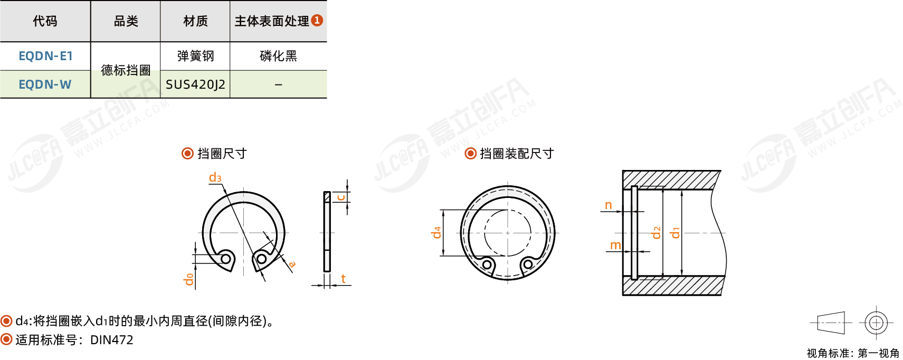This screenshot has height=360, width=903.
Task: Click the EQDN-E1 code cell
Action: click(x=45, y=56)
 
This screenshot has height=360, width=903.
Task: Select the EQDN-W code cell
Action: click(x=45, y=84)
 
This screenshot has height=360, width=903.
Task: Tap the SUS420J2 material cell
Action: click(x=195, y=84)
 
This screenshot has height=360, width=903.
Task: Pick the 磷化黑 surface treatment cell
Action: click(x=278, y=56)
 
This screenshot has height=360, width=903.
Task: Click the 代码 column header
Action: click(x=45, y=21)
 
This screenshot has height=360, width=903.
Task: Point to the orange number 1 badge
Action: click(x=317, y=20)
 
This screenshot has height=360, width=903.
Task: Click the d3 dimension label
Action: click(x=215, y=177)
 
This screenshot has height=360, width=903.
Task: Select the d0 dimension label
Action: click(x=188, y=279)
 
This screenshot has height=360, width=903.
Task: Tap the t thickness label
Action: click(x=343, y=279)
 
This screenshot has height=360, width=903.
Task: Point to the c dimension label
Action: click(x=340, y=197)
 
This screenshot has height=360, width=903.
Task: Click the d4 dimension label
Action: click(x=436, y=233)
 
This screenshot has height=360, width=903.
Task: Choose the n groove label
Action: click(x=609, y=205)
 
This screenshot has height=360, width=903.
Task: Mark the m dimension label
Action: click(x=615, y=245)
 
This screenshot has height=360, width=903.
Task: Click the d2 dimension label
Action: click(x=657, y=233)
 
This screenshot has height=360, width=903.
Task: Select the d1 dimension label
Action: click(x=675, y=233)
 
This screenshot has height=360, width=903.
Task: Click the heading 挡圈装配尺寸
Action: click(x=517, y=154)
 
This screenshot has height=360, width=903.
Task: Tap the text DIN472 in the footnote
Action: click(x=112, y=340)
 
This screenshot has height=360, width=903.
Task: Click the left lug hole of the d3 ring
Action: click(x=226, y=258)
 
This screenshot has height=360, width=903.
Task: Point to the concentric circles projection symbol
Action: click(x=876, y=323)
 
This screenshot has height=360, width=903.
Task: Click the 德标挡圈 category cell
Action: click(x=126, y=70)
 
